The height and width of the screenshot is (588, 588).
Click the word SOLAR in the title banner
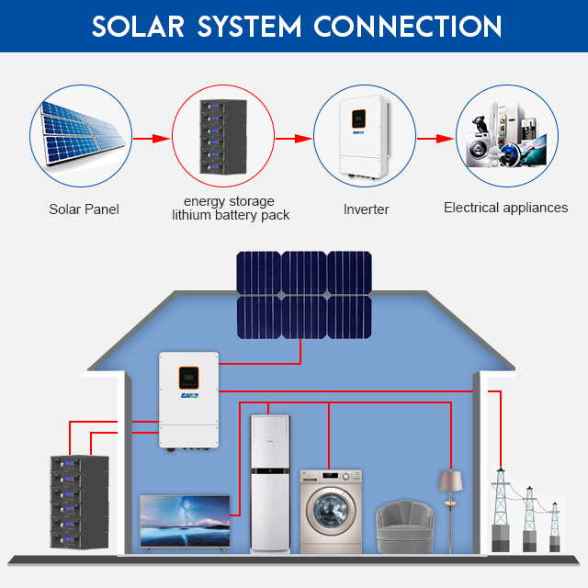click(138, 27)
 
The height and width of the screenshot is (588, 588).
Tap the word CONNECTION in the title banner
click(408, 27)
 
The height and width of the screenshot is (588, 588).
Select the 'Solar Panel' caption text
click(84, 209)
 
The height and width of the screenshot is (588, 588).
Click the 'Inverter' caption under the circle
click(366, 209)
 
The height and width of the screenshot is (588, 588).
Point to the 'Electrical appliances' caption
click(506, 208)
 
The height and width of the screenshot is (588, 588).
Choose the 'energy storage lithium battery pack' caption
click(231, 209)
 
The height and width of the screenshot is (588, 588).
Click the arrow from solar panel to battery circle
click(152, 139)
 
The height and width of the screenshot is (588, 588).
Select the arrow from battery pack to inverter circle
click(294, 139)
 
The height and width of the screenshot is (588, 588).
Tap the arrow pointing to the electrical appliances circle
click(435, 139)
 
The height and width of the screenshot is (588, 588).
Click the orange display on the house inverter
click(188, 378)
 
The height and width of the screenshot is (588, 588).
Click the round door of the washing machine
click(331, 510)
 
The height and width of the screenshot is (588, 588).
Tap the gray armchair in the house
click(405, 526)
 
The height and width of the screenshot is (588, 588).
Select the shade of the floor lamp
click(450, 481)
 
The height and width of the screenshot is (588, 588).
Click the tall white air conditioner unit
click(270, 484)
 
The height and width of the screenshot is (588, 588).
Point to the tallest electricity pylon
click(501, 509)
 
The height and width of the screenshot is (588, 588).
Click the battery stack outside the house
click(80, 503)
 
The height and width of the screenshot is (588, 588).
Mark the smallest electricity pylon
click(555, 526)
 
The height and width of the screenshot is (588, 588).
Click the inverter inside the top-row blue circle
click(364, 137)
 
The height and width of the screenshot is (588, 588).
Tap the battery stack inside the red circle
click(223, 137)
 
